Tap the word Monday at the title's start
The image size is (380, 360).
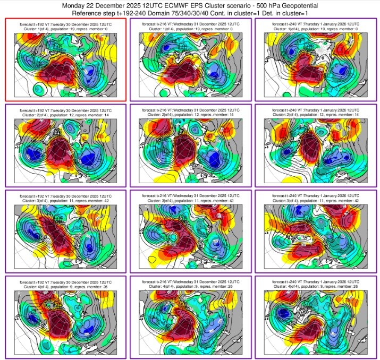click(75, 5)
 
